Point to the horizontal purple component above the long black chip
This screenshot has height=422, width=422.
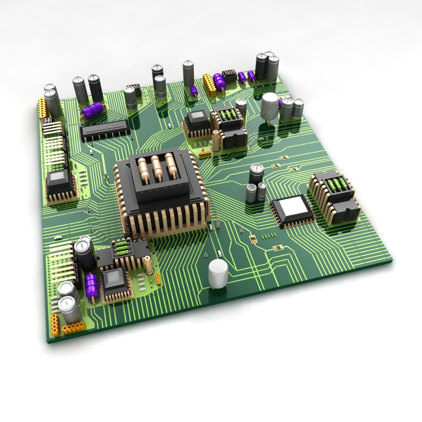[92, 111]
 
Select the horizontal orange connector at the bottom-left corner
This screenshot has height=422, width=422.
[73, 328]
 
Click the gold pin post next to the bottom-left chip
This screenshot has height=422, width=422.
[148, 264]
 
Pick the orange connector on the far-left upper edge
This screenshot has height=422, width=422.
[42, 108]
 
